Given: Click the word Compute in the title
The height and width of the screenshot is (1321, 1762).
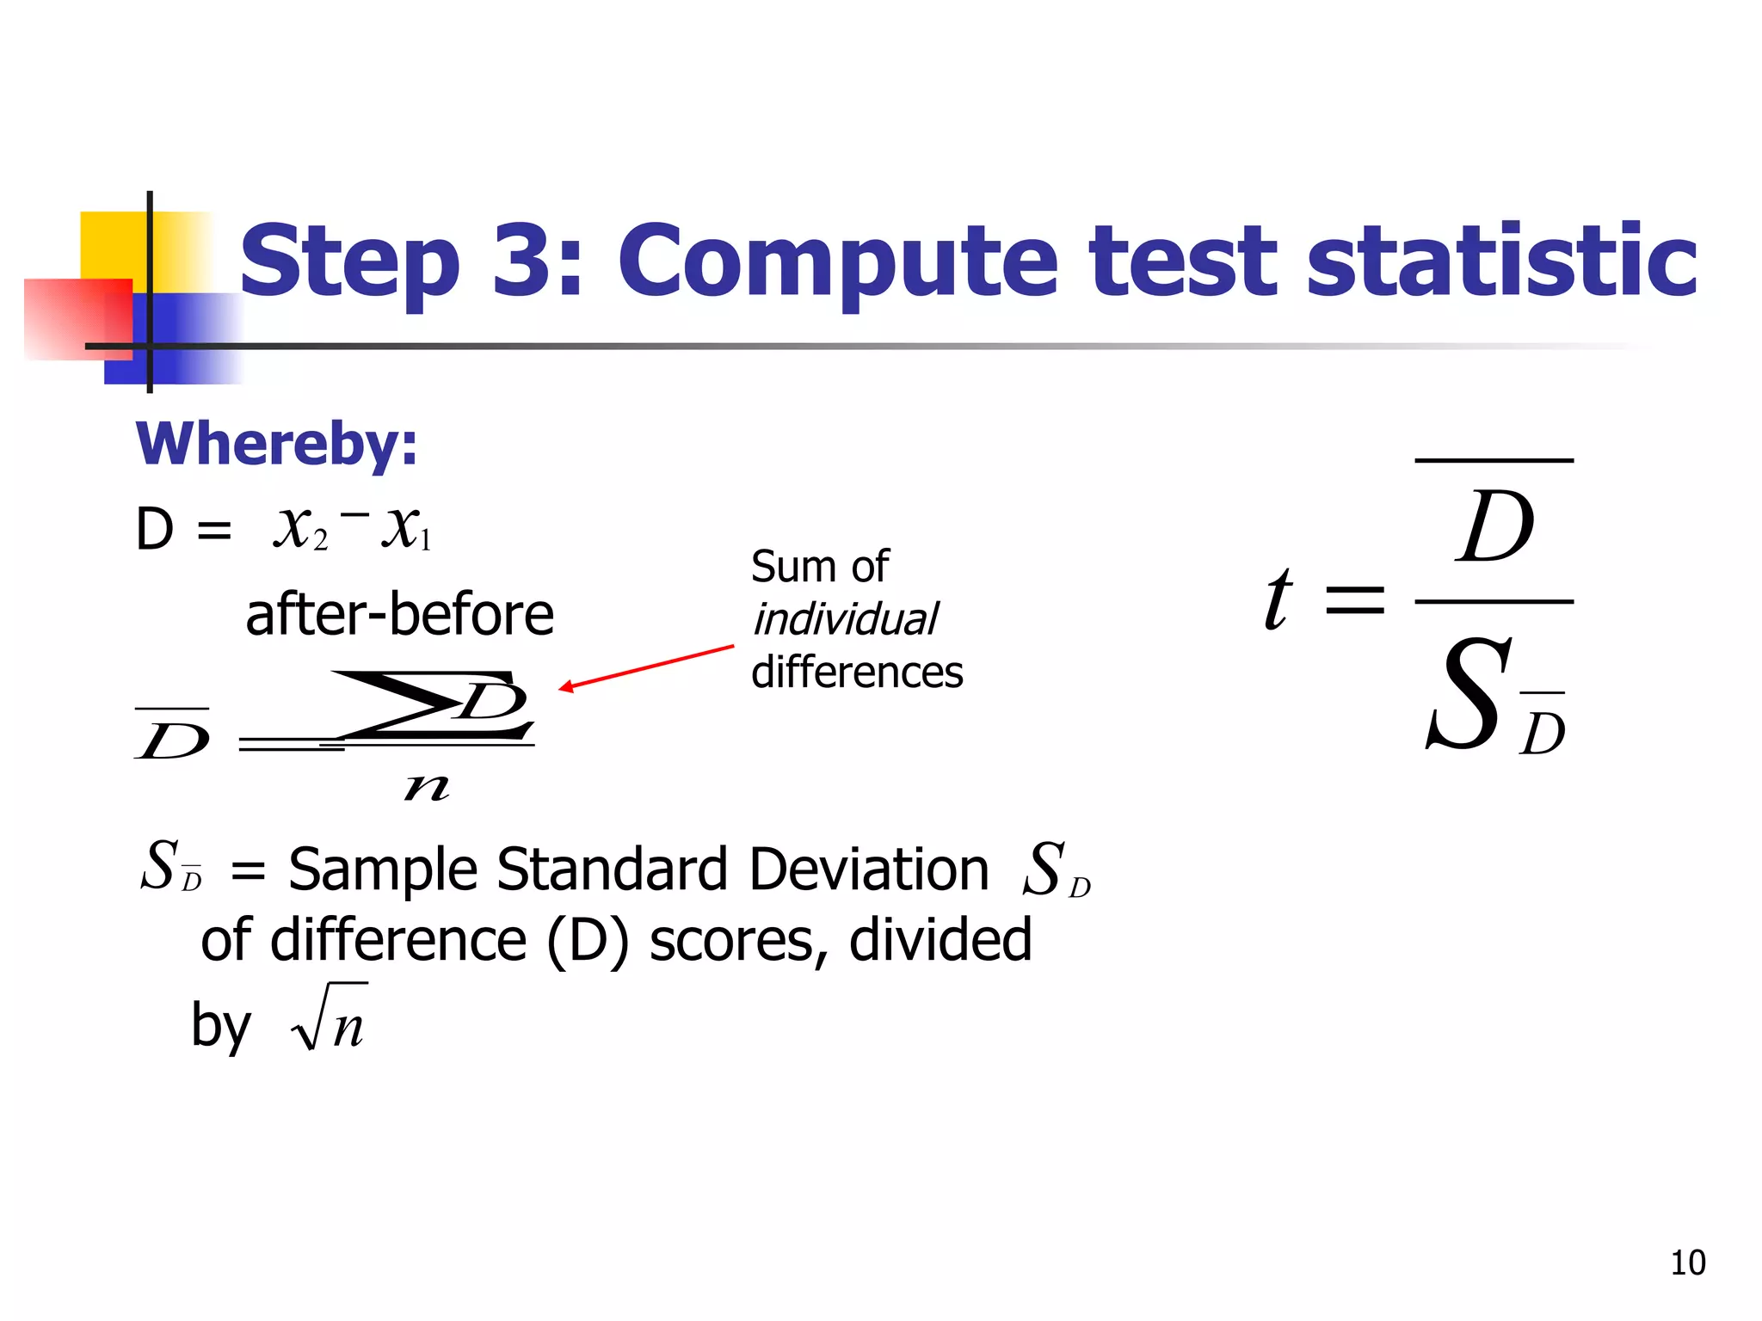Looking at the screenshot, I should tap(837, 261).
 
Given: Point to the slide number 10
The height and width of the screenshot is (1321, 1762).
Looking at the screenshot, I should tap(1687, 1263).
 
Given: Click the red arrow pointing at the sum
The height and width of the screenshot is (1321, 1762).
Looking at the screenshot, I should tap(646, 667).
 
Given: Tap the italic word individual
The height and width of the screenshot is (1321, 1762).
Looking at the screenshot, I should tap(846, 619).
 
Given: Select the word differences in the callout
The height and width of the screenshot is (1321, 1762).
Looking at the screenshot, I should tap(857, 672).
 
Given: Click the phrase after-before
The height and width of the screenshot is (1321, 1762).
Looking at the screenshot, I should tap(399, 614).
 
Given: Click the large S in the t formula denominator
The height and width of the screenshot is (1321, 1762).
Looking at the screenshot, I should tap(1468, 694).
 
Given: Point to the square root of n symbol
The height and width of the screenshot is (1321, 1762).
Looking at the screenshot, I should tap(330, 1018).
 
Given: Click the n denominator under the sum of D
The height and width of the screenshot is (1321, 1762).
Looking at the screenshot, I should tap(427, 786).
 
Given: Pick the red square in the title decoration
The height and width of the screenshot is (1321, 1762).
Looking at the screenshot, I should tap(77, 318).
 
